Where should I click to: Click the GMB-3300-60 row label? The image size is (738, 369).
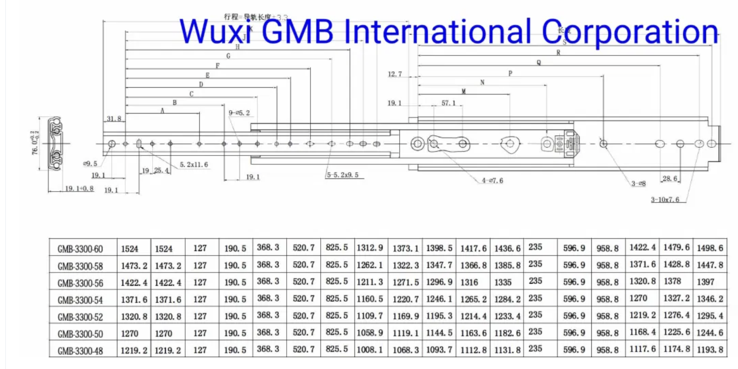80,249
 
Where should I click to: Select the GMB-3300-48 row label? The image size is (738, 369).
80,350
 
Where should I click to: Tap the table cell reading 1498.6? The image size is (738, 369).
710,248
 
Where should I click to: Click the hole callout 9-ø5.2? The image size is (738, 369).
239,113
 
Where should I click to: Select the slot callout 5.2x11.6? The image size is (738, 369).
194,165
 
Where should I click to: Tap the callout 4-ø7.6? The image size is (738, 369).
492,180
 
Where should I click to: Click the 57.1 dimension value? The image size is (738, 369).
448,103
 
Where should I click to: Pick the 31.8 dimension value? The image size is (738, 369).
114,119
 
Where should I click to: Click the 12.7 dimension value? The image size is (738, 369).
395,74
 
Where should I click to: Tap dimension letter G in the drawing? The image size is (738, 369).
228,56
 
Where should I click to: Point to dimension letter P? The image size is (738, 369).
510,74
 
